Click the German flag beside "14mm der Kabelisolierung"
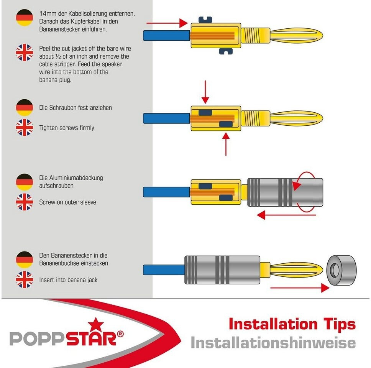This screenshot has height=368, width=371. pyautogui.click(x=25, y=18)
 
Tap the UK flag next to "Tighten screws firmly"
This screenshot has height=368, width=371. pyautogui.click(x=25, y=127)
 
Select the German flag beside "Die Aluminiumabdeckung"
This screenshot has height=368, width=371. pyautogui.click(x=25, y=182)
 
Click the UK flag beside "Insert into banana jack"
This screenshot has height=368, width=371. pyautogui.click(x=25, y=279)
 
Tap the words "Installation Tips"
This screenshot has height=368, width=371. pyautogui.click(x=292, y=324)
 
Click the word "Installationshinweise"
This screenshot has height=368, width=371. pyautogui.click(x=273, y=343)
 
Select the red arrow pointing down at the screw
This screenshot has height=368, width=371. pyautogui.click(x=206, y=92)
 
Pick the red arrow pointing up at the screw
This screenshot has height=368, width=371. pyautogui.click(x=226, y=144)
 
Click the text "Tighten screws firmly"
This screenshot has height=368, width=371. pyautogui.click(x=67, y=128)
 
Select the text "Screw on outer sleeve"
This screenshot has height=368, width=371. pyautogui.click(x=67, y=202)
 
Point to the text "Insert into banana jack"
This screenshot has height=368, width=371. pyautogui.click(x=68, y=280)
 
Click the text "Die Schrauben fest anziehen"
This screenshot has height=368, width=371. pyautogui.click(x=76, y=108)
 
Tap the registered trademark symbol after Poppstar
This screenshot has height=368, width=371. pyautogui.click(x=120, y=334)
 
